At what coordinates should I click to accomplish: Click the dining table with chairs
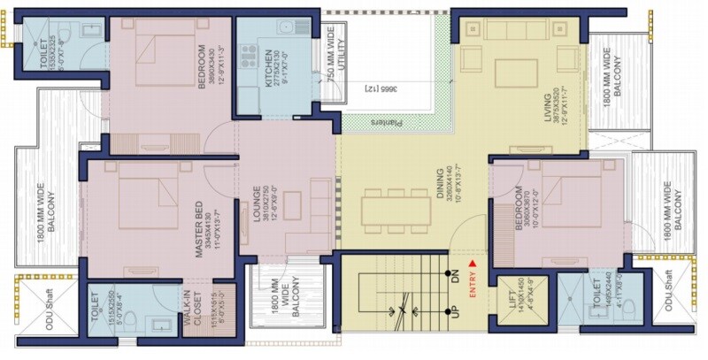click(x=396, y=209)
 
